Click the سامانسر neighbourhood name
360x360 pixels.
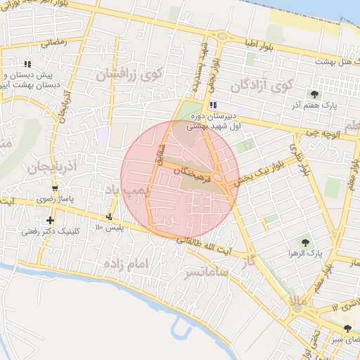pos(206,271)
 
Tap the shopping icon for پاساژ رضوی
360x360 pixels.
pos(55,189)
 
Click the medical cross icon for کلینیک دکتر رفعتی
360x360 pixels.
pos(50,221)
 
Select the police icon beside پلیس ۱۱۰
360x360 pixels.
pos(109,217)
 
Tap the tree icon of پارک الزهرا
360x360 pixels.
pos(304,242)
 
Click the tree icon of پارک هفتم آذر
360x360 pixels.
pos(314,94)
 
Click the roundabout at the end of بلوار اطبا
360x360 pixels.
pos(222,35)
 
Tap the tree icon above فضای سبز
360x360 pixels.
pos(348,328)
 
